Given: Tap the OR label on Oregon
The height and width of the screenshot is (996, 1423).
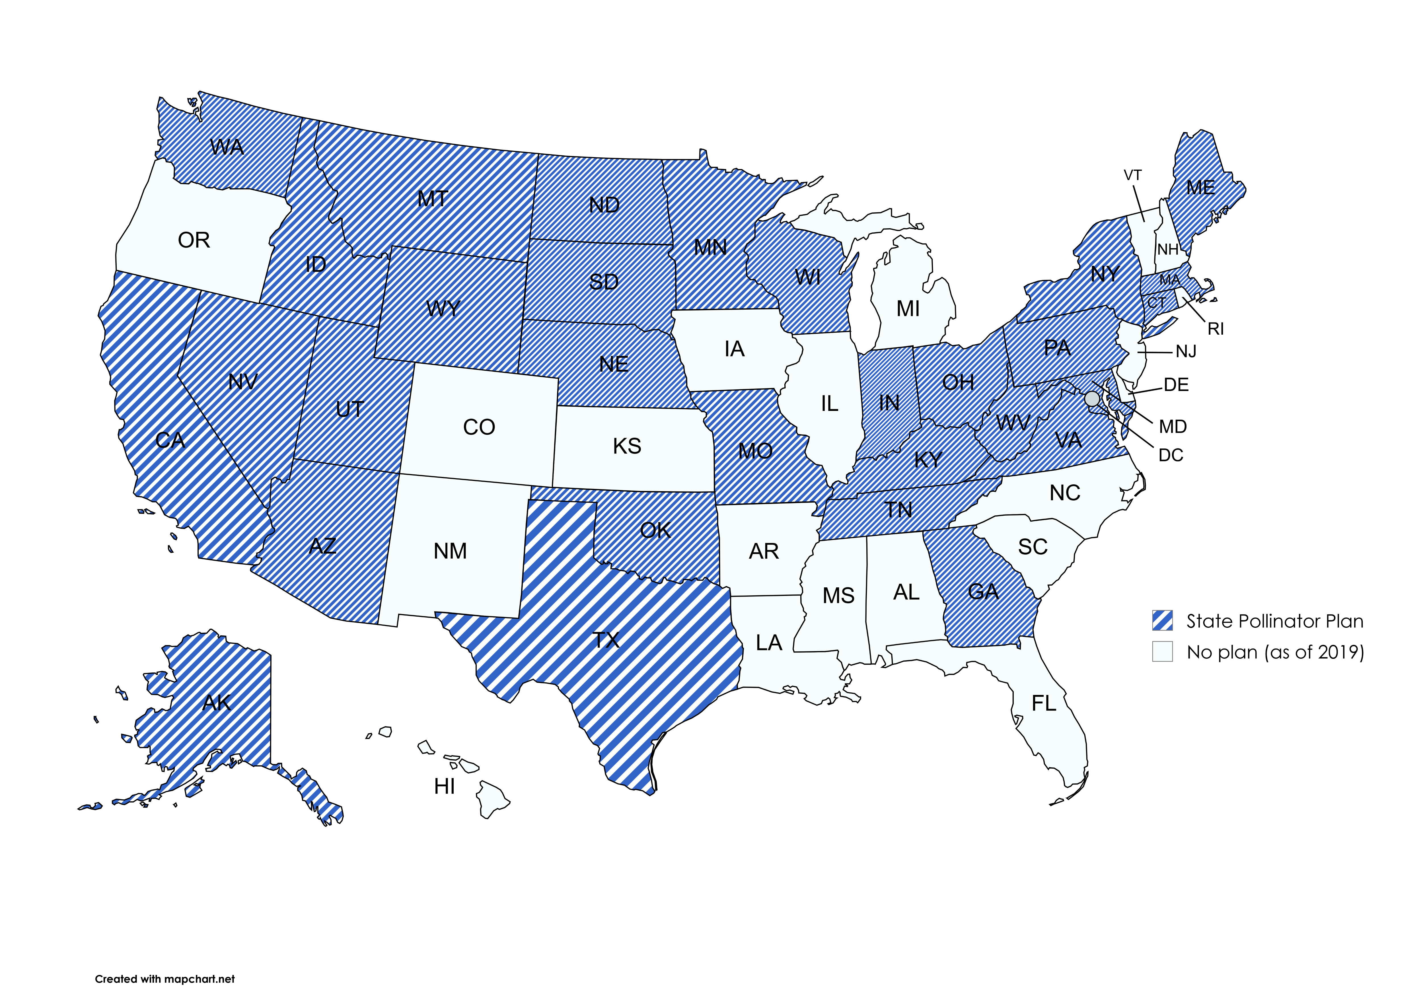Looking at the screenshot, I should point(194,240).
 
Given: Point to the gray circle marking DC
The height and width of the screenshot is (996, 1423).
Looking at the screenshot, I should point(1092,398).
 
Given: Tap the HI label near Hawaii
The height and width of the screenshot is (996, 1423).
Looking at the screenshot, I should point(444,787).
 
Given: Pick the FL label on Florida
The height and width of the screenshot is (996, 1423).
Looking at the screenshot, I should point(1044,703).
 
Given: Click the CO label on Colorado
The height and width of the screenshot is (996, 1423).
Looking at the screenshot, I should point(479,427).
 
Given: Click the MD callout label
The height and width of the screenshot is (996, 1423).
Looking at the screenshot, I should point(1173,426).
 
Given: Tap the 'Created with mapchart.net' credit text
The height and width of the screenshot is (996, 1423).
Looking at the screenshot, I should point(165,979).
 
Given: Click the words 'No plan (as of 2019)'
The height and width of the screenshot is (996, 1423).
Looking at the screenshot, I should point(1275,652).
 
